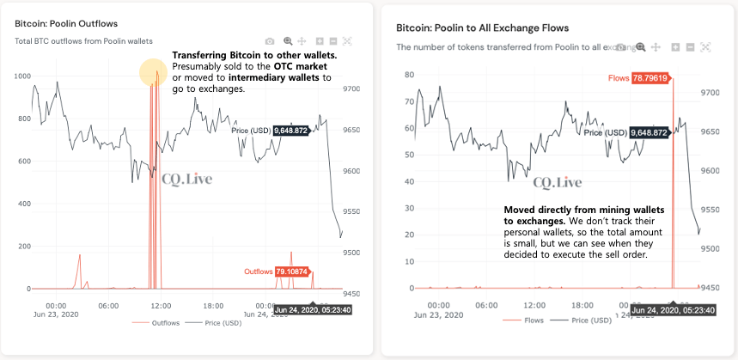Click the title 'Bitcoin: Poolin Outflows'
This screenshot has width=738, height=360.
(x=66, y=23)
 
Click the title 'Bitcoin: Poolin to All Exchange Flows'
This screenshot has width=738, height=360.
(x=475, y=27)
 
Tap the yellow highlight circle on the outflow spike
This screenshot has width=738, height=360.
(x=154, y=73)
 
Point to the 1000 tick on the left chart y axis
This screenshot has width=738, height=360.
(x=21, y=76)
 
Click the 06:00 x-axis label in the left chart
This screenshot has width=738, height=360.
(x=108, y=304)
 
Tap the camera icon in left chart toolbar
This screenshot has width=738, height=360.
(x=270, y=40)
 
